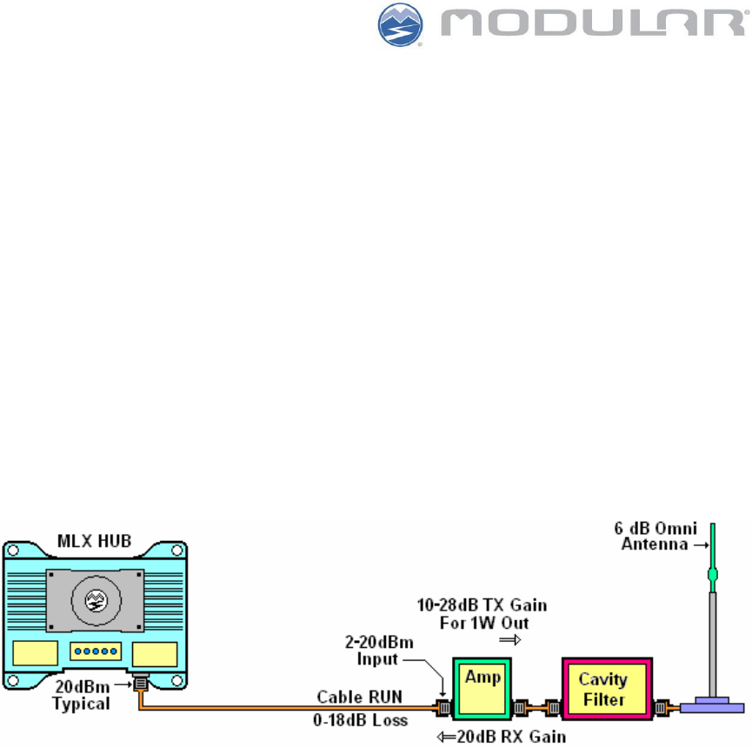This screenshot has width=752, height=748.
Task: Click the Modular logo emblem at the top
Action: pos(401,25)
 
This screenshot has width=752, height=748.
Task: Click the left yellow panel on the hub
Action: pos(34,654)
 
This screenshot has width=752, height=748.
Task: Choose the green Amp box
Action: pos(481,683)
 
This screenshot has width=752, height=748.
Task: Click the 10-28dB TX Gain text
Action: pos(486,604)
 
